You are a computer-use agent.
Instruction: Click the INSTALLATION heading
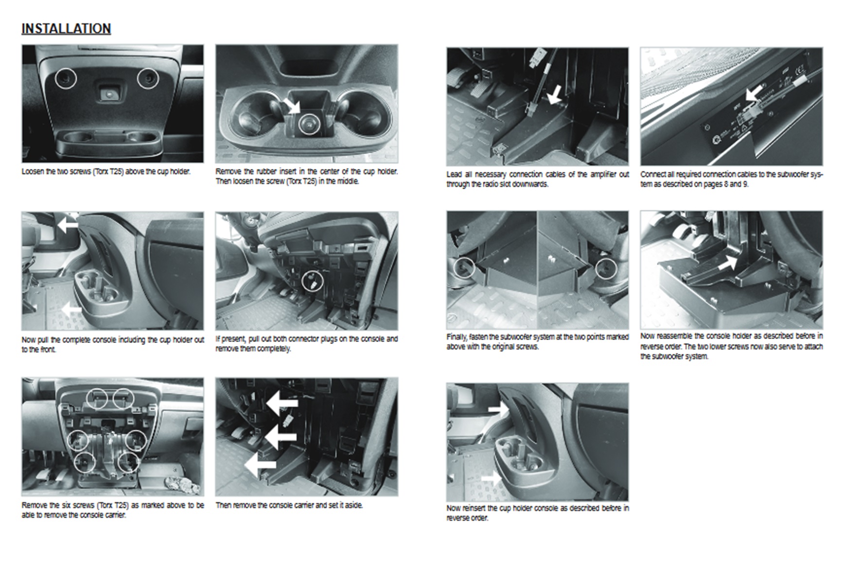pyautogui.click(x=66, y=29)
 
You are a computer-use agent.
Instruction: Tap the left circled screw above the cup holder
pyautogui.click(x=66, y=78)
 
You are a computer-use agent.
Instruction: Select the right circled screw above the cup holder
pyautogui.click(x=147, y=78)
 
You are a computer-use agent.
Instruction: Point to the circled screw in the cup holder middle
pyautogui.click(x=308, y=124)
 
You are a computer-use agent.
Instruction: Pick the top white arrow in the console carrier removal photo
pyautogui.click(x=282, y=403)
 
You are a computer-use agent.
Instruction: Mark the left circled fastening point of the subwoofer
pyautogui.click(x=464, y=267)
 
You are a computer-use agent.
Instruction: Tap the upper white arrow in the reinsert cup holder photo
pyautogui.click(x=498, y=409)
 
